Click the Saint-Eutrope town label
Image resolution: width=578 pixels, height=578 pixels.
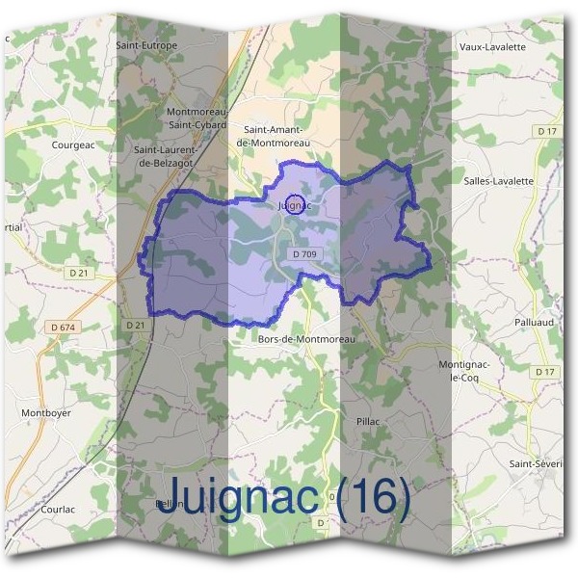click(x=145, y=45)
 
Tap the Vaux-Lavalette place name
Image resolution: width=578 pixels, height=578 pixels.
click(x=492, y=46)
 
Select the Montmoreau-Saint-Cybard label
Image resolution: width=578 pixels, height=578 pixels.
click(x=196, y=118)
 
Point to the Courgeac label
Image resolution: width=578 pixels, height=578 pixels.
click(x=71, y=145)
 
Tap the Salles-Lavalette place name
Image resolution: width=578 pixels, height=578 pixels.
click(x=498, y=180)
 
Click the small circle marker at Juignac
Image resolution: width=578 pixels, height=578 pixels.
click(x=297, y=203)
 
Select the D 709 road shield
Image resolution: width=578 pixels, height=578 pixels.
click(x=303, y=253)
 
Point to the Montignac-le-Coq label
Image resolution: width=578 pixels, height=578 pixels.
click(x=465, y=371)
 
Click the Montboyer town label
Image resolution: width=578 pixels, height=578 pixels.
click(x=46, y=412)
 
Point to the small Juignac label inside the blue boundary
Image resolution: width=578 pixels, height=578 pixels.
click(x=287, y=205)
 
